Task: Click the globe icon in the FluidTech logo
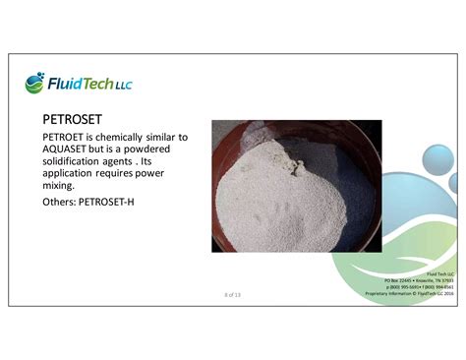click(x=35, y=82)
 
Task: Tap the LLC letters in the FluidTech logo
click(x=123, y=86)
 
